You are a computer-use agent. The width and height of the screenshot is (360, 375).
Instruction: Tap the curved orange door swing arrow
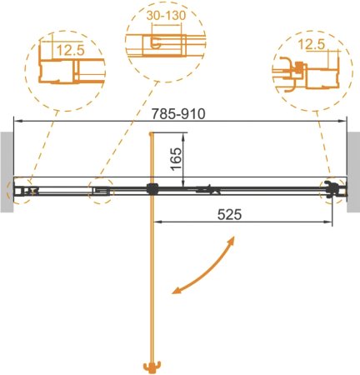click(x=203, y=268)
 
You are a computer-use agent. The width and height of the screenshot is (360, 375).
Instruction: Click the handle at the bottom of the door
click(x=151, y=366)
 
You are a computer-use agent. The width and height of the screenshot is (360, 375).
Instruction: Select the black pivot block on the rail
click(x=151, y=188)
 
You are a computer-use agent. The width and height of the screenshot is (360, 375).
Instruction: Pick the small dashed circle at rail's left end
click(x=20, y=190)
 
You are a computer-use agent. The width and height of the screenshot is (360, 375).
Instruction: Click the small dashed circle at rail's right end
click(x=333, y=189)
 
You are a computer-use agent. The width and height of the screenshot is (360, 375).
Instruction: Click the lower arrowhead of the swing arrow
click(x=177, y=291)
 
